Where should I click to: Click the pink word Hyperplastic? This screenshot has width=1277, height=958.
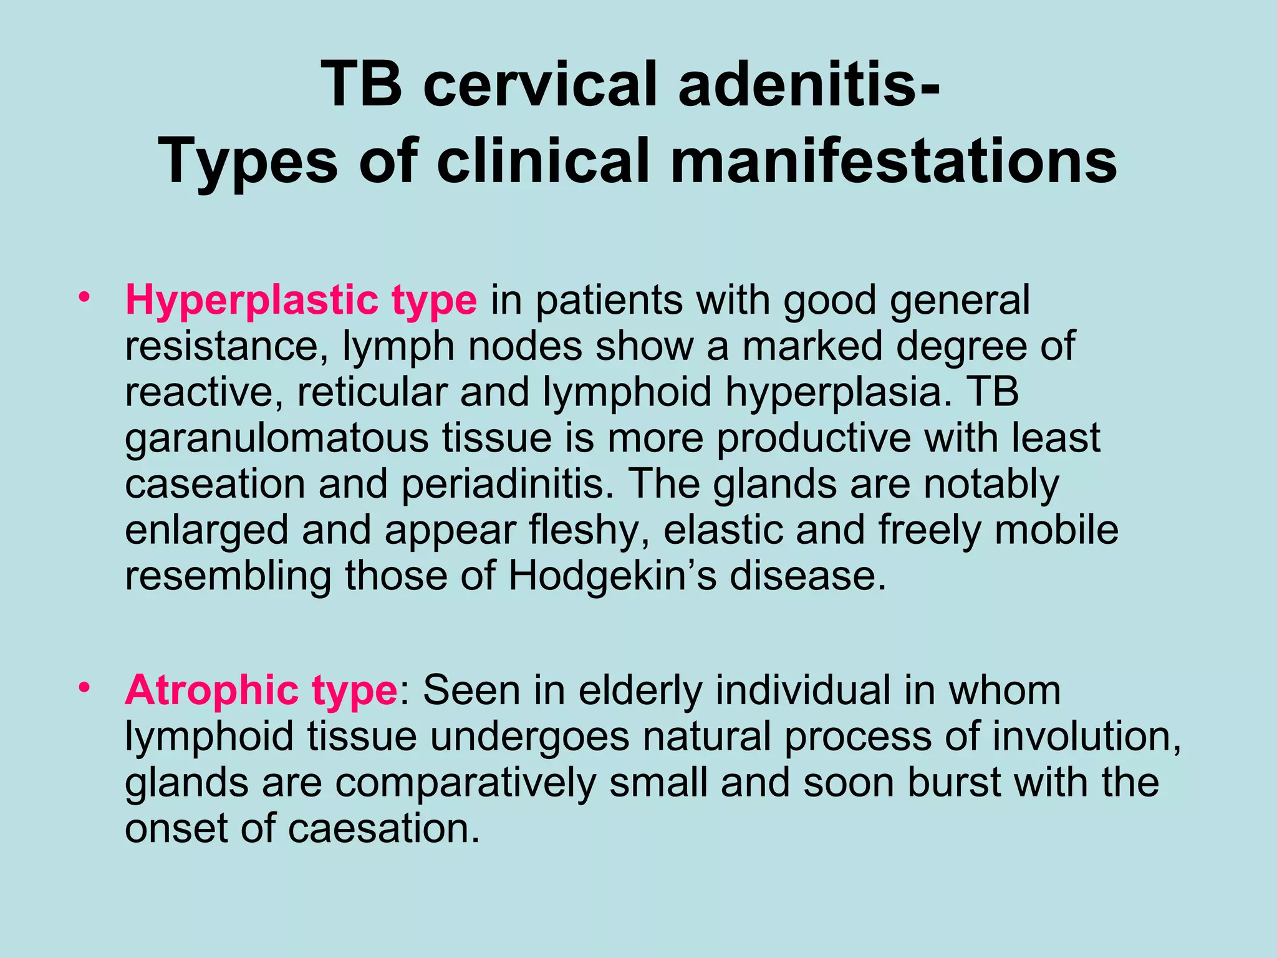[252, 301]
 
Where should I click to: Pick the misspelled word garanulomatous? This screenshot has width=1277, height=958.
[276, 439]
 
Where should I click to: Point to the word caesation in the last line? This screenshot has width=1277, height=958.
[384, 828]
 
